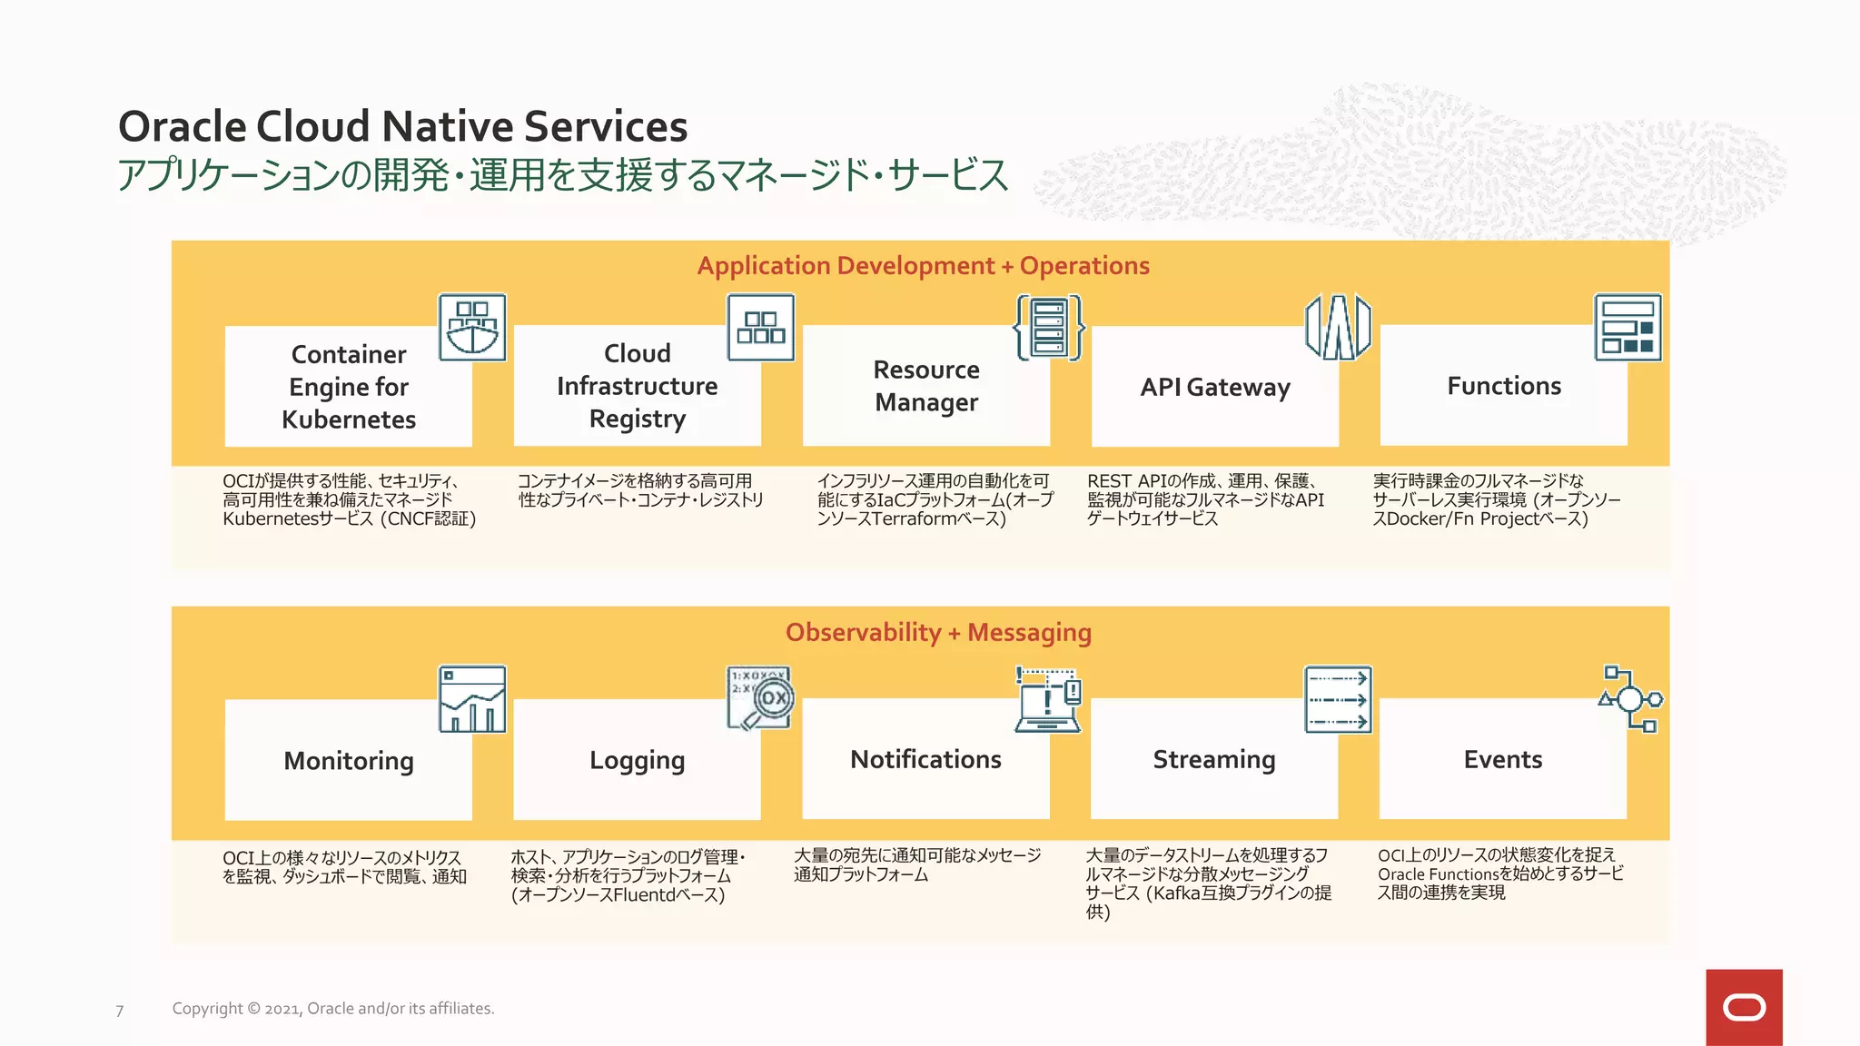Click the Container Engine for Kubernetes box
[348, 387]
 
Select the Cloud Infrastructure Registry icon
[761, 328]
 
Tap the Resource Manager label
[926, 386]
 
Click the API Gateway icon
[1338, 328]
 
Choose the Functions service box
[1503, 386]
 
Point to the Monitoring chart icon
[472, 699]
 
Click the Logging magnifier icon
[761, 699]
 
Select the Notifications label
[925, 759]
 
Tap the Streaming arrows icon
[1338, 699]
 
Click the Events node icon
[1630, 699]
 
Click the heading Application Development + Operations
[923, 266]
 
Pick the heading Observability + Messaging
[938, 632]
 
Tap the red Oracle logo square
[1744, 1007]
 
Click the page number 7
[120, 1011]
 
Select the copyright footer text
[333, 1009]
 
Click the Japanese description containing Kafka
[1208, 883]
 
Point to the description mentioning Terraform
[935, 500]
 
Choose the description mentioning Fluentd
[627, 876]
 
